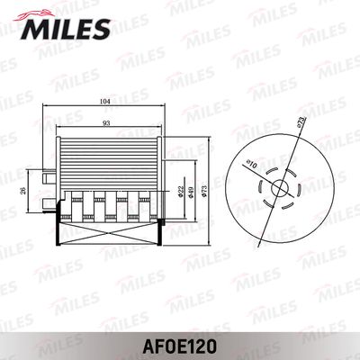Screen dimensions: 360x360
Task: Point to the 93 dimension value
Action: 107,122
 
